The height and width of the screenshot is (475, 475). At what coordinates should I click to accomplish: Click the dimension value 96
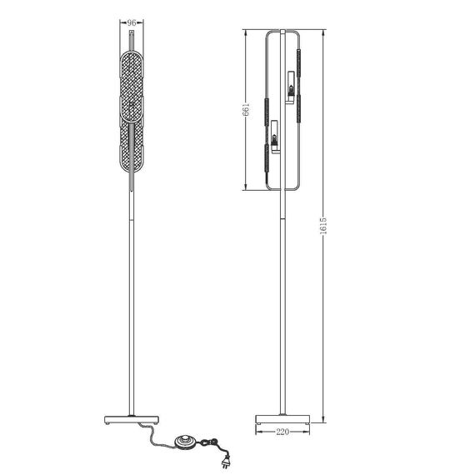131,22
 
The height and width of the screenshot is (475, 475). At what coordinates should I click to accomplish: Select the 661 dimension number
246,109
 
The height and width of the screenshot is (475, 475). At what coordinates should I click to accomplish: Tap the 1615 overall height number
323,226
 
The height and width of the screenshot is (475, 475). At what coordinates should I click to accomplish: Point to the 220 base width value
282,432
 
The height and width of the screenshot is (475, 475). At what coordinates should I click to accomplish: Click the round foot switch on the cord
185,441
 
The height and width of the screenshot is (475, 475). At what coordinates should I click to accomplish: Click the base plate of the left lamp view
132,419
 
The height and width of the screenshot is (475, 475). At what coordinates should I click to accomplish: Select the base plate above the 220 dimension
282,419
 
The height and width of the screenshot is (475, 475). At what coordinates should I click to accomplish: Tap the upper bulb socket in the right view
291,87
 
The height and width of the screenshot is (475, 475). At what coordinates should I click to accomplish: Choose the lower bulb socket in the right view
275,137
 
